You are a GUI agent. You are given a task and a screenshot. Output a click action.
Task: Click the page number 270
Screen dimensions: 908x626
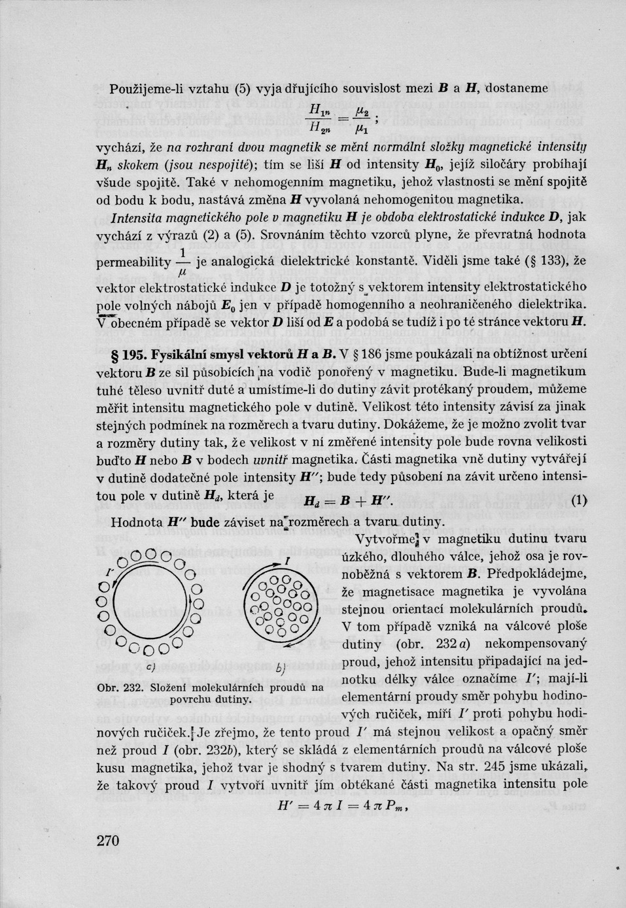pyautogui.click(x=107, y=840)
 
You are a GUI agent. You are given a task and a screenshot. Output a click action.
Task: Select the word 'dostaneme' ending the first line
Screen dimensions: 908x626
pyautogui.click(x=517, y=88)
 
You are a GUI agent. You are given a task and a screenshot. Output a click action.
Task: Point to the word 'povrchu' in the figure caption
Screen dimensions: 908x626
pyautogui.click(x=190, y=699)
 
